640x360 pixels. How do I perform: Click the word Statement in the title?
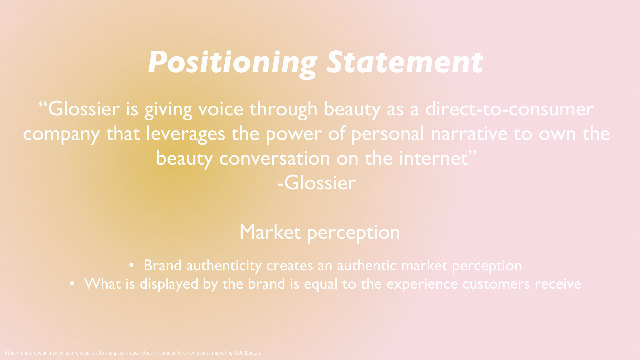point(405,62)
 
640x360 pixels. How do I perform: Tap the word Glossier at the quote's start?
point(84,109)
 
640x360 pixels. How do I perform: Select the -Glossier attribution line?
point(317,183)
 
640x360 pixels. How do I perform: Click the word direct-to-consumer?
point(510,109)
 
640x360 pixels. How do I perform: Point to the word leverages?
point(186,134)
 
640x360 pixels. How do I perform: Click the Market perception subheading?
point(320,232)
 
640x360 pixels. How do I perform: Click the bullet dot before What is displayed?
point(72,284)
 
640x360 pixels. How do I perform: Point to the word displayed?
point(169,284)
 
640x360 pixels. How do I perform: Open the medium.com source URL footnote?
point(133,353)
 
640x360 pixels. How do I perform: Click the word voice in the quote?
point(221,109)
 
